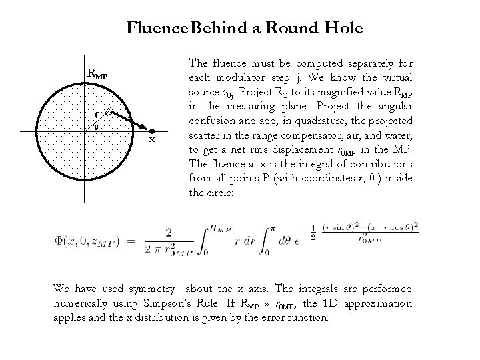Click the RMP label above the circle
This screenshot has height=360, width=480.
[x=97, y=73]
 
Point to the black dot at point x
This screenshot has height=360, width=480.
[x=152, y=132]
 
